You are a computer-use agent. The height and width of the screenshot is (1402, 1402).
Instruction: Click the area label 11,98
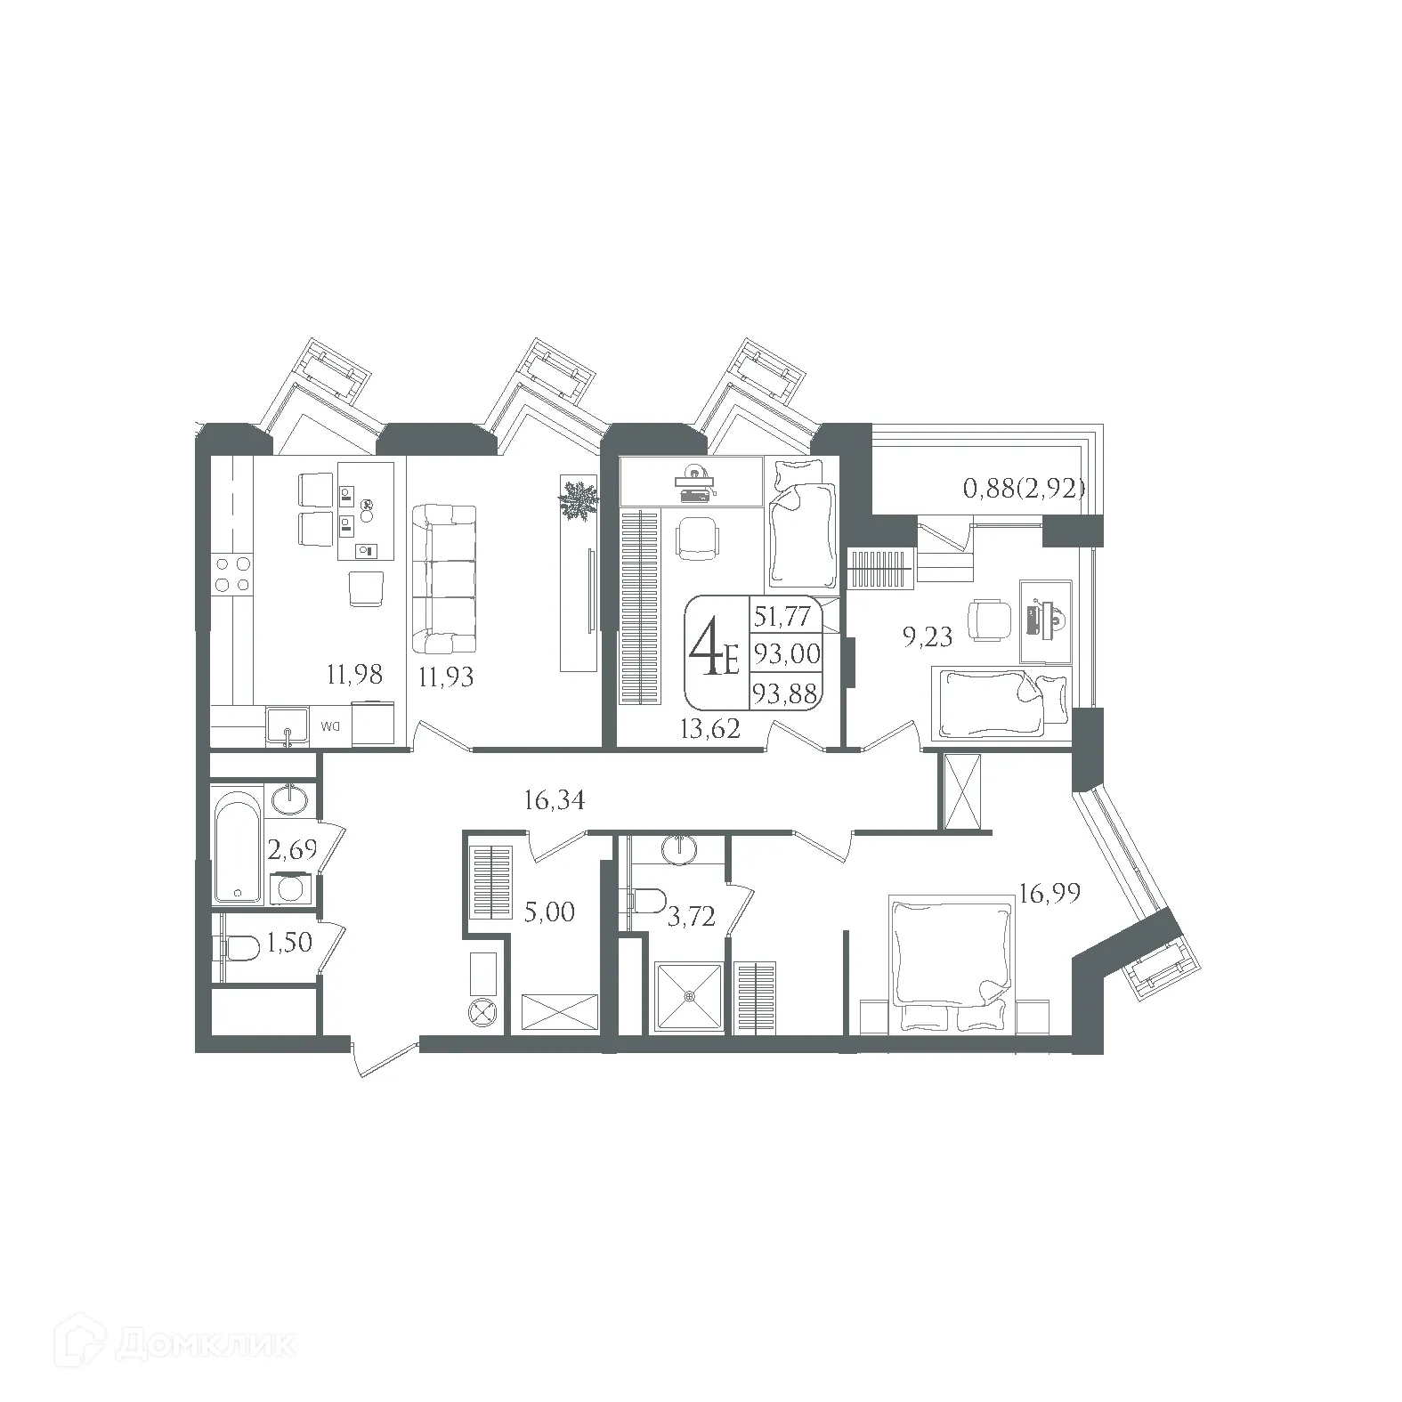click(354, 675)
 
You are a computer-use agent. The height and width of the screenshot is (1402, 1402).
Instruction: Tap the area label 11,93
click(446, 677)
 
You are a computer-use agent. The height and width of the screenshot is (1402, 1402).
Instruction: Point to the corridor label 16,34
click(555, 801)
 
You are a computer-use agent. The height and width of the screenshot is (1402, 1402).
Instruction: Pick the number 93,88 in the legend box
click(785, 693)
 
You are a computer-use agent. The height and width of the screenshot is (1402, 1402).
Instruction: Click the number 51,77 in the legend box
click(784, 616)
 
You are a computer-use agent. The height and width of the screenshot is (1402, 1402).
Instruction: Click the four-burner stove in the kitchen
click(231, 573)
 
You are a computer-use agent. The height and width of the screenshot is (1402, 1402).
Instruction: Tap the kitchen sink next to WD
click(287, 726)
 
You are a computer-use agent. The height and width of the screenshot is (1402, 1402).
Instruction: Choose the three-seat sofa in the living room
click(444, 579)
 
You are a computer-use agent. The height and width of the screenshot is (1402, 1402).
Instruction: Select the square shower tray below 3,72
click(689, 997)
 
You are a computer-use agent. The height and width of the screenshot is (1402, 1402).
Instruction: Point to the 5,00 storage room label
click(549, 912)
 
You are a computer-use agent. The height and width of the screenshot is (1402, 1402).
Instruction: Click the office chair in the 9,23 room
click(990, 618)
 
